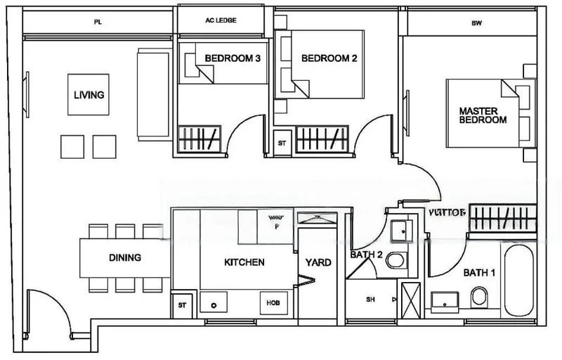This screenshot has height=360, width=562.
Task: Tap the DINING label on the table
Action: click(124, 257)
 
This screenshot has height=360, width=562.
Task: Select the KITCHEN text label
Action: click(244, 262)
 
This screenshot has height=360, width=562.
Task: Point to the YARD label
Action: click(318, 262)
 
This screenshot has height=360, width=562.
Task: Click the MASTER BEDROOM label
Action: click(483, 115)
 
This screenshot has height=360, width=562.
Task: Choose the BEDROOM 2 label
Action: click(329, 58)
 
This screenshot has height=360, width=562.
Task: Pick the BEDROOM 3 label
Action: click(233, 58)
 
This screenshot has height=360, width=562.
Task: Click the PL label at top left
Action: click(97, 22)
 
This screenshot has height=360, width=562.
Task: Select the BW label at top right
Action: click(476, 22)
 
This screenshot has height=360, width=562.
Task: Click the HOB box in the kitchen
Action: click(272, 303)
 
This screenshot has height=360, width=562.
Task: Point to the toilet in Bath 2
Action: click(396, 259)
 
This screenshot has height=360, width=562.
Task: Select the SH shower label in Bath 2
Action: click(370, 300)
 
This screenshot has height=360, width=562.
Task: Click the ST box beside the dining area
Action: click(182, 304)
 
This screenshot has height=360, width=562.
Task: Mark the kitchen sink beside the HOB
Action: click(213, 304)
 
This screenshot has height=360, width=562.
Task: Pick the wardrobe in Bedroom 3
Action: click(200, 137)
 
